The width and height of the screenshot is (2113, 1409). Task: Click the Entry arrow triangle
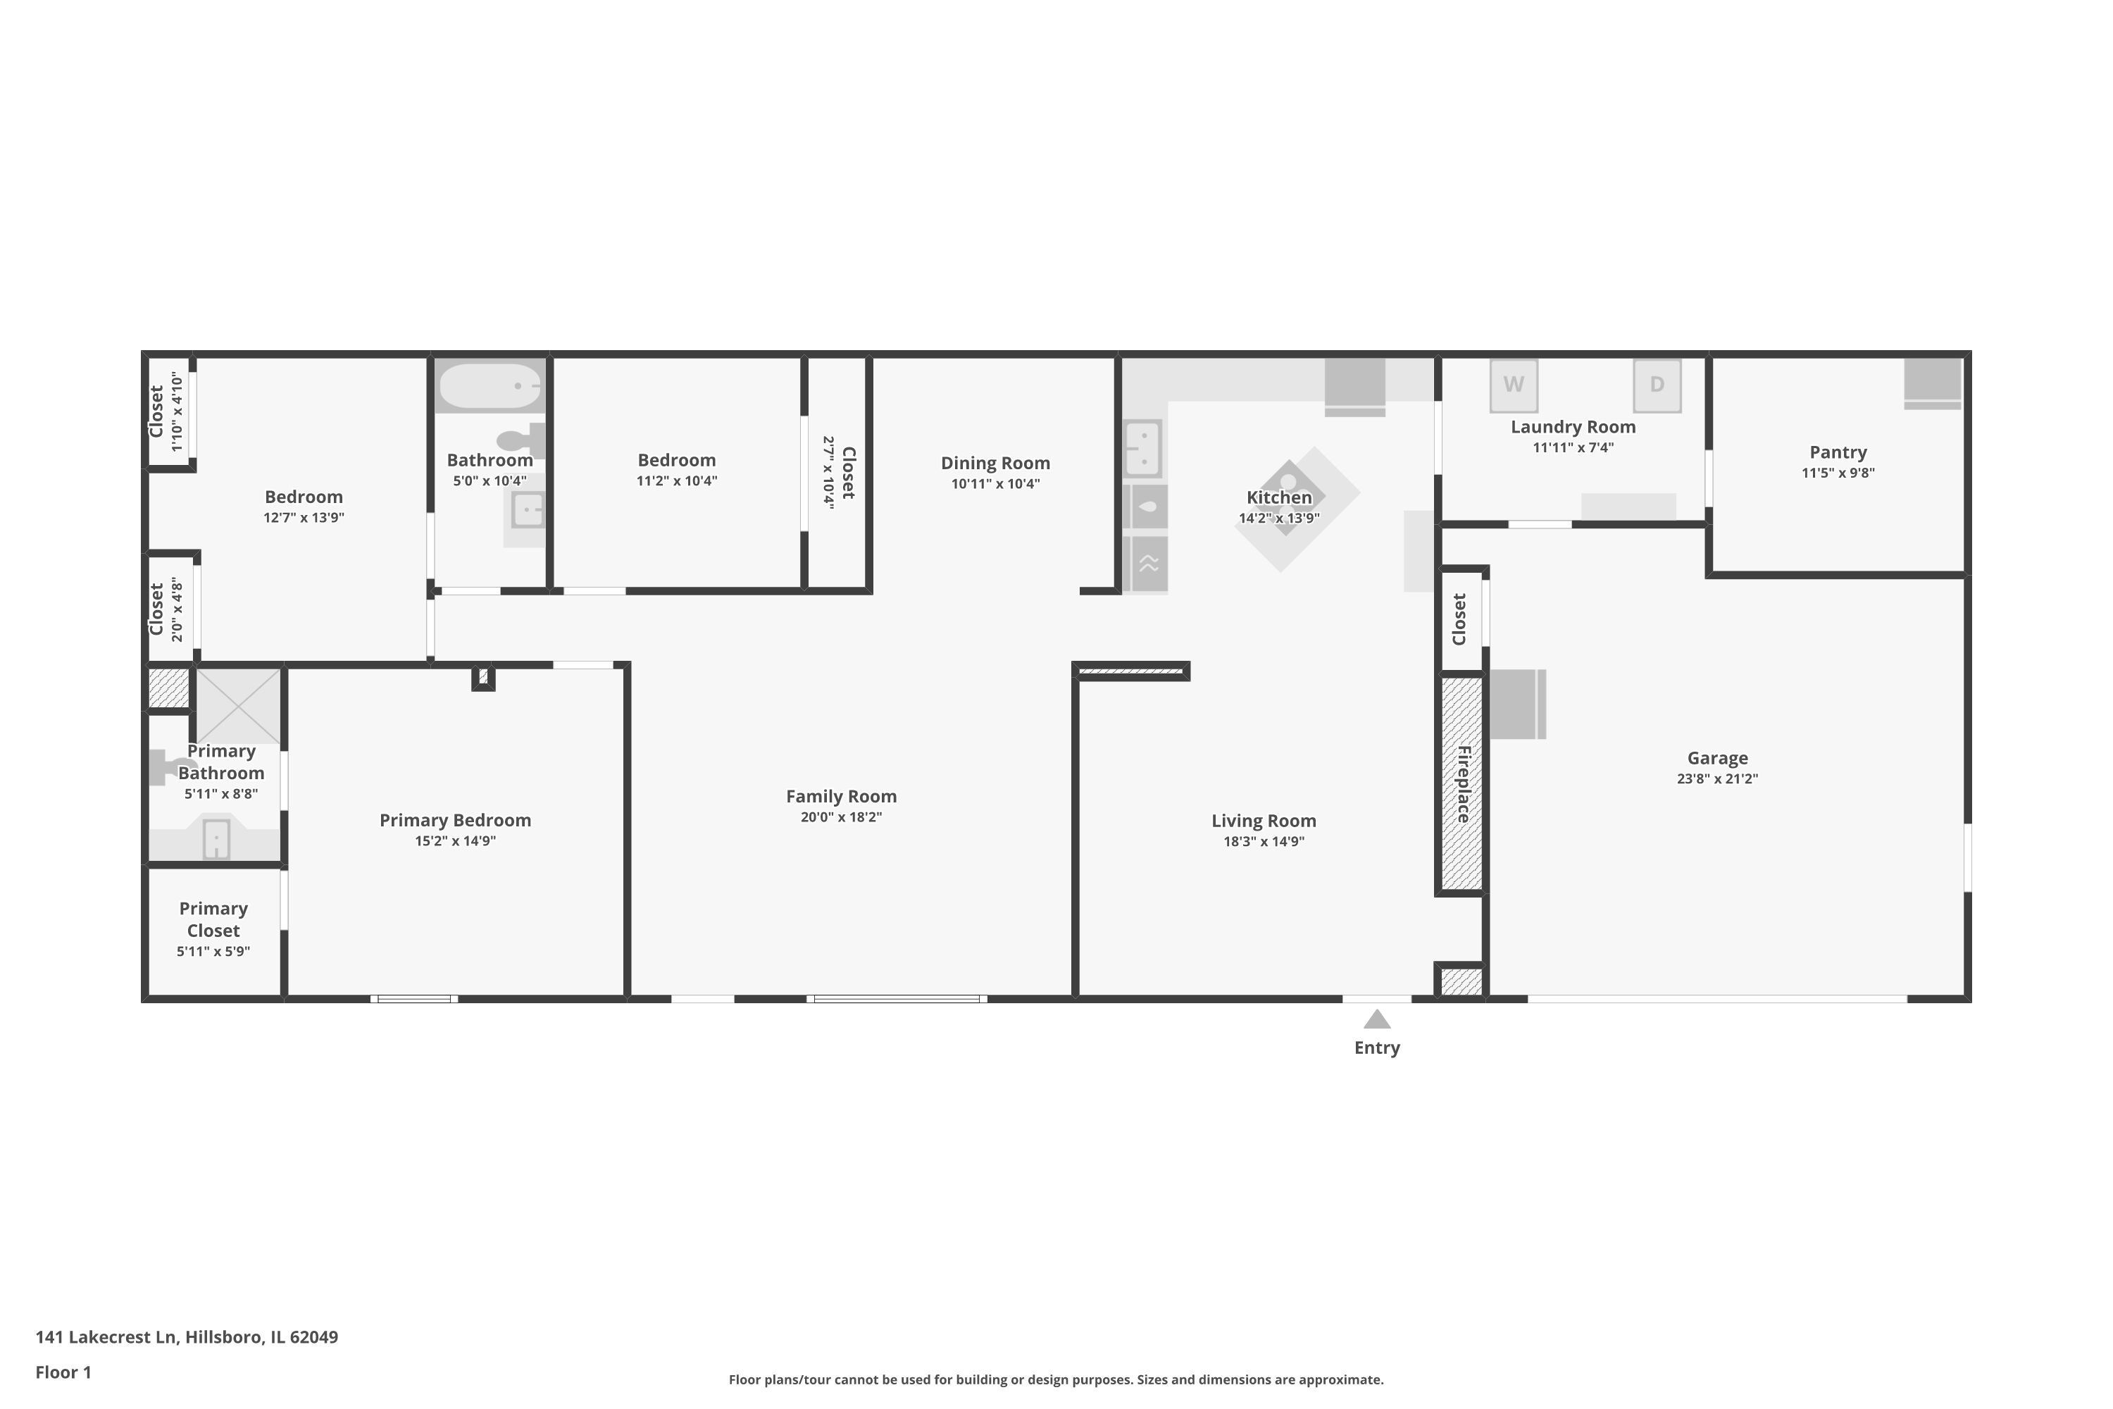(x=1376, y=1020)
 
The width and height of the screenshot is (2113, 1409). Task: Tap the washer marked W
(x=1513, y=385)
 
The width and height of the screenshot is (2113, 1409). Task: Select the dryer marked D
(x=1656, y=385)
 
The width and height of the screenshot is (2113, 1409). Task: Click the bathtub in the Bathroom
(x=490, y=385)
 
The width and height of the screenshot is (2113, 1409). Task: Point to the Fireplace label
(x=1463, y=783)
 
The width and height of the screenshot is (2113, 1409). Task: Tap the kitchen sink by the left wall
(x=1142, y=448)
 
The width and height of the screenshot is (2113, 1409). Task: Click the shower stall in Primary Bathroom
(x=238, y=707)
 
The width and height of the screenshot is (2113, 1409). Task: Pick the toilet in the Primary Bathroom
(x=169, y=766)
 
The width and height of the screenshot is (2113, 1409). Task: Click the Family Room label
(x=841, y=796)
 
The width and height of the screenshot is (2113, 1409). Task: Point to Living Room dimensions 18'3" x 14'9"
(x=1263, y=842)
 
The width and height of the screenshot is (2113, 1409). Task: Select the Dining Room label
(x=995, y=463)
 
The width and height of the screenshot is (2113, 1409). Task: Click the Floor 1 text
(x=63, y=1372)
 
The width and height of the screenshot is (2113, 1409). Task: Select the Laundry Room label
(x=1572, y=427)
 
